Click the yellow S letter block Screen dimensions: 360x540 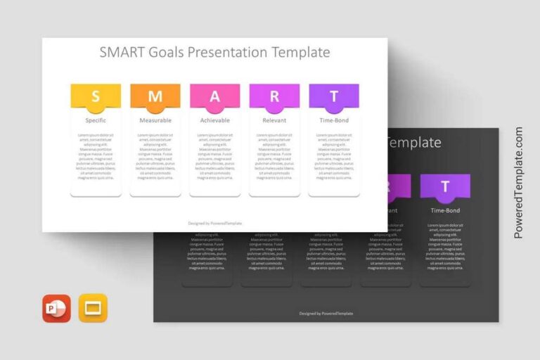tap(96, 96)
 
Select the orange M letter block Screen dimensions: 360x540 tap(155, 96)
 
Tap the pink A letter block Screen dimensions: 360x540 tap(214, 96)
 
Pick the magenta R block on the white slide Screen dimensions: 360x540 tap(274, 96)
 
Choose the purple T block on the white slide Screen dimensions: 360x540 tap(334, 96)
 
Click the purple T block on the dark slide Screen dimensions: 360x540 tap(445, 186)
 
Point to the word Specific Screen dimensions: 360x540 tap(96, 120)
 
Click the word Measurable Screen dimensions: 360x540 tap(155, 120)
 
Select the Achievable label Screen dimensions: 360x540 tap(214, 120)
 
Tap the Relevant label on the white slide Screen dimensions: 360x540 tap(274, 120)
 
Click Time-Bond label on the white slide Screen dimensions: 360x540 tap(334, 120)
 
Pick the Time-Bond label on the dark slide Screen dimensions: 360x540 tap(445, 210)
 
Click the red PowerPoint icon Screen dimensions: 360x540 tap(56, 308)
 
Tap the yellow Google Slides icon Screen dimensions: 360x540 tap(93, 308)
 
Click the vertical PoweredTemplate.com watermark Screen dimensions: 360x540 tap(519, 183)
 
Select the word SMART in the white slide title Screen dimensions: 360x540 tap(122, 52)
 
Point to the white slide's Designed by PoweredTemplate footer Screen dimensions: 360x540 tap(214, 223)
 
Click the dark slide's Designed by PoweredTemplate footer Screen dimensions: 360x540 tap(326, 313)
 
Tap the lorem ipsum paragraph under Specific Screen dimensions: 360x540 tap(96, 156)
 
